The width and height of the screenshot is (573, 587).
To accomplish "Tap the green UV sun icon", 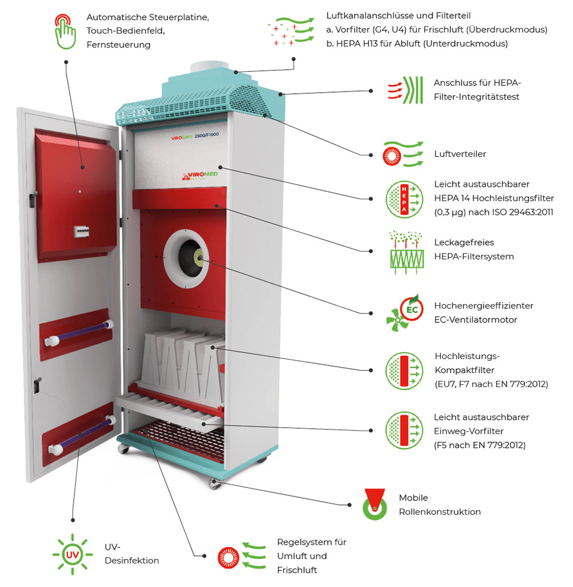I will (x=72, y=554).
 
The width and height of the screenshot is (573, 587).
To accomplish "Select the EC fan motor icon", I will (x=405, y=313).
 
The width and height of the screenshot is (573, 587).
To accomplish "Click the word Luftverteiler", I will (x=460, y=154).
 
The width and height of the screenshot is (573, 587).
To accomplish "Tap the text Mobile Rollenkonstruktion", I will (x=439, y=505).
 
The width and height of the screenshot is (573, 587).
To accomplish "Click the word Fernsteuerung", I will (x=119, y=44).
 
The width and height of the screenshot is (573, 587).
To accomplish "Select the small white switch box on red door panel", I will (x=84, y=230).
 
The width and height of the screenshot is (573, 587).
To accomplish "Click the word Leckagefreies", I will (x=464, y=243).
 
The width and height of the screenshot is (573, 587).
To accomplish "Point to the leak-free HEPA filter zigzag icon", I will (x=406, y=250).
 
